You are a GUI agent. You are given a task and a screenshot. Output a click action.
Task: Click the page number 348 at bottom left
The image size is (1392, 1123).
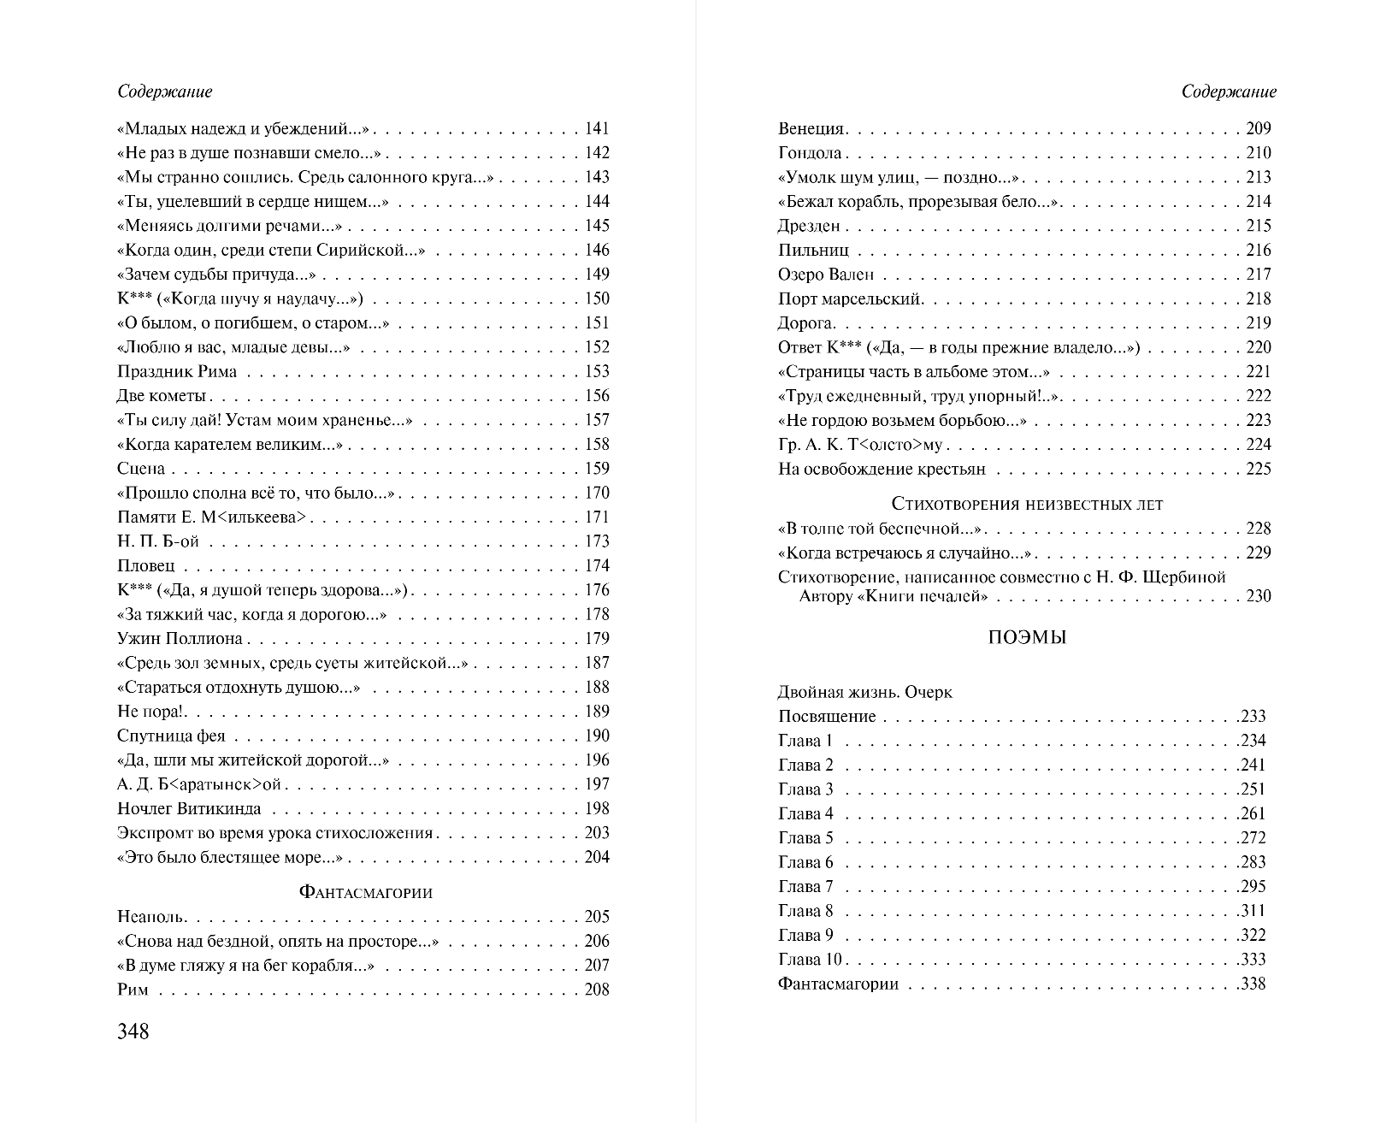click(x=133, y=1031)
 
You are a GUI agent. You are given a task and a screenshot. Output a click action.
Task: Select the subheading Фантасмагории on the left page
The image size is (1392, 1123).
click(x=365, y=892)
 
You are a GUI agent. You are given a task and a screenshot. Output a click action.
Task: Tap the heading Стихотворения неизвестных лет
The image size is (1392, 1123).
click(x=1027, y=504)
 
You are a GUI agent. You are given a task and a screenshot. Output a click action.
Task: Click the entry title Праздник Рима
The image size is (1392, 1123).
click(x=177, y=371)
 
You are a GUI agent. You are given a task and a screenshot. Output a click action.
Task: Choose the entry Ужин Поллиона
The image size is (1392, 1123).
click(x=180, y=639)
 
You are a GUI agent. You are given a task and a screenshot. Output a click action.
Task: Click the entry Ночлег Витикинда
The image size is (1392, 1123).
click(x=189, y=808)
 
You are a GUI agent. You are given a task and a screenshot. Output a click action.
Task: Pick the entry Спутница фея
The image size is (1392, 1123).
click(x=171, y=736)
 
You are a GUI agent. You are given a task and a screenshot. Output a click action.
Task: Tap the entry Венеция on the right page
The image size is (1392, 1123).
click(x=811, y=129)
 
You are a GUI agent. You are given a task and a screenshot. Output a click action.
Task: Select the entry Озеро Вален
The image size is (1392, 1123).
click(x=826, y=275)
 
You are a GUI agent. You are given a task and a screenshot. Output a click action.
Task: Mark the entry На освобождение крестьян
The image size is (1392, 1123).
click(x=882, y=469)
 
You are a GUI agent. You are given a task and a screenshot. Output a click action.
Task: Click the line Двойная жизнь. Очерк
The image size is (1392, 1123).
click(x=864, y=692)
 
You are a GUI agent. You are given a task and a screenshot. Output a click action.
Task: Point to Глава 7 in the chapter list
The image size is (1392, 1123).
click(x=805, y=886)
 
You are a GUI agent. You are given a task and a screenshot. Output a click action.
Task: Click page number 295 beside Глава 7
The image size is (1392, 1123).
click(x=1252, y=886)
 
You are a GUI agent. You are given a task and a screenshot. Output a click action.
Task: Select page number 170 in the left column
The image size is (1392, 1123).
click(x=597, y=493)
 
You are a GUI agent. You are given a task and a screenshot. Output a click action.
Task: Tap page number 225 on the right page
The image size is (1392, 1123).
click(x=1258, y=469)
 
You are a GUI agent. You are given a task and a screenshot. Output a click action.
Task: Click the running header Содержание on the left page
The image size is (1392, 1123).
click(x=164, y=92)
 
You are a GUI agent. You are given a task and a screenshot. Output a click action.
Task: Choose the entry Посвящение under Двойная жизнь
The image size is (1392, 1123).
click(x=827, y=717)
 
